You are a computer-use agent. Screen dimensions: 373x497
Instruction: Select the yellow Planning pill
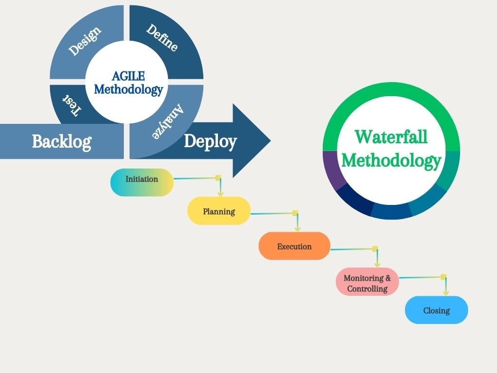tap(219, 211)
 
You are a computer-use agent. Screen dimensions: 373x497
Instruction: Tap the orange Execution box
tap(294, 246)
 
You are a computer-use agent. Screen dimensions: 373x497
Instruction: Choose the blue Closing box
tap(436, 310)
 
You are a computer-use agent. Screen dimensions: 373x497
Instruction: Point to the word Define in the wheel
tap(162, 37)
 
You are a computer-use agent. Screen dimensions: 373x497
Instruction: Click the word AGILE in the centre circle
tap(129, 76)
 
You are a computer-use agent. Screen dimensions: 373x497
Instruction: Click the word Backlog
tap(61, 141)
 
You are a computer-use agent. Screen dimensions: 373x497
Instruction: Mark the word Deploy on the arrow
tap(210, 141)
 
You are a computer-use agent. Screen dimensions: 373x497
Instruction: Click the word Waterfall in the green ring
tap(391, 137)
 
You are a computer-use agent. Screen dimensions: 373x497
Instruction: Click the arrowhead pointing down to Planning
tap(220, 193)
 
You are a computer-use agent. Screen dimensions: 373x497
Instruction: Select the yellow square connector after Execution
tap(375, 249)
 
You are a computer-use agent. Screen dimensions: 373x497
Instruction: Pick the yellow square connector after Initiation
tap(218, 178)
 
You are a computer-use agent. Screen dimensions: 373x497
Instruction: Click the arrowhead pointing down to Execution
tap(298, 229)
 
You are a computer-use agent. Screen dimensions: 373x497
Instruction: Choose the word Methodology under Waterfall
tap(391, 160)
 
